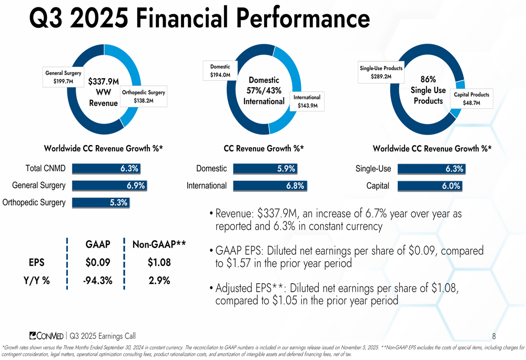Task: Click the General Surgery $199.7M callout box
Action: point(63,77)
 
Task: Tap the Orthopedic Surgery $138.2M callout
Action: point(143,96)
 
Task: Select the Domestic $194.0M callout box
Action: point(220,71)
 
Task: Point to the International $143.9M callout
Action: point(307,102)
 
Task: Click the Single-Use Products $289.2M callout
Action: point(381,73)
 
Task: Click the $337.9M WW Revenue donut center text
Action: point(103,92)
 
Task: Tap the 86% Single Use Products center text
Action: point(428,89)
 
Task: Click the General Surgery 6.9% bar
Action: point(109,186)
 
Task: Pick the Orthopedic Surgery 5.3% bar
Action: point(101,202)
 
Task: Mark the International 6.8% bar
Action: point(269,186)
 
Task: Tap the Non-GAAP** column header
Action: point(159,244)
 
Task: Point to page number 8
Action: point(494,336)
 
